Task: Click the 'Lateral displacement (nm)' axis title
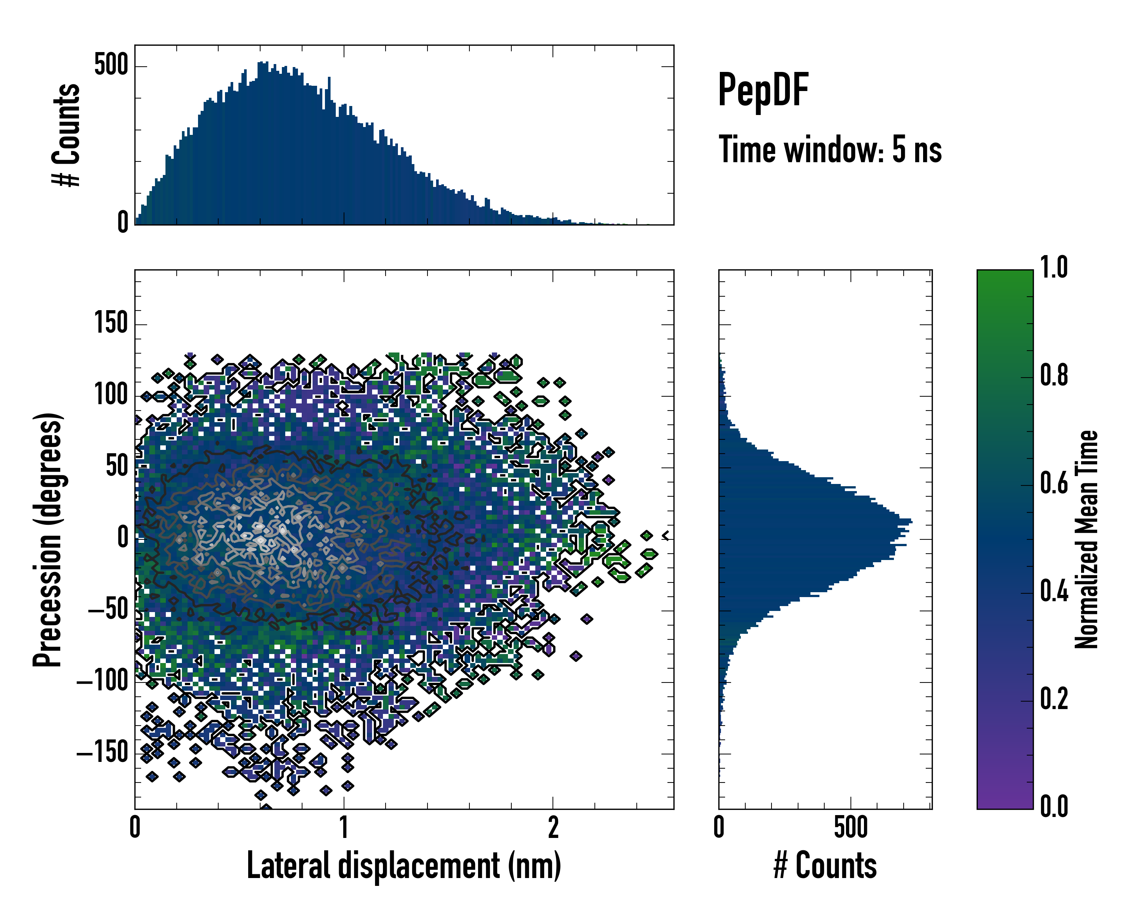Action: pyautogui.click(x=404, y=866)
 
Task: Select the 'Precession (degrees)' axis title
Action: pyautogui.click(x=48, y=539)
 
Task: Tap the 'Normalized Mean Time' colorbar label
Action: pyautogui.click(x=1087, y=539)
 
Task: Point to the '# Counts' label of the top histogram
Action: pyautogui.click(x=67, y=135)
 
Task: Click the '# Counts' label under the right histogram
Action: pyautogui.click(x=825, y=866)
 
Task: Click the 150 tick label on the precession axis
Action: pyautogui.click(x=111, y=323)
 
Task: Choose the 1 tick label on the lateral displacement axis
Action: pyautogui.click(x=344, y=827)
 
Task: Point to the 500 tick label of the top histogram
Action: pyautogui.click(x=111, y=66)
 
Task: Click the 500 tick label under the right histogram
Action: pyautogui.click(x=850, y=827)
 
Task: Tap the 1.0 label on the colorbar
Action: pyautogui.click(x=1054, y=268)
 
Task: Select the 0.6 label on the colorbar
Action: pyautogui.click(x=1054, y=484)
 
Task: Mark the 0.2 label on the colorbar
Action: pyautogui.click(x=1054, y=699)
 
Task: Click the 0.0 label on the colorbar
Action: pyautogui.click(x=1054, y=807)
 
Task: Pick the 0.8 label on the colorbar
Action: pyautogui.click(x=1054, y=376)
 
